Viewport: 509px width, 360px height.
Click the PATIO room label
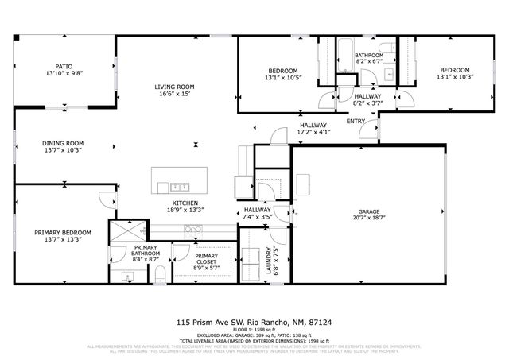(63, 67)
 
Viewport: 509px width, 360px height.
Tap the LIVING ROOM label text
(174, 87)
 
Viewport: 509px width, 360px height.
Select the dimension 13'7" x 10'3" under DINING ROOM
(63, 149)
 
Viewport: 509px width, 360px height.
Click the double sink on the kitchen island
(179, 187)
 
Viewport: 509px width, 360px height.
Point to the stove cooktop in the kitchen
(193, 229)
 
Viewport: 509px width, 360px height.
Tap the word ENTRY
(356, 121)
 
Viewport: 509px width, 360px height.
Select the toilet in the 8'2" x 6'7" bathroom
(386, 48)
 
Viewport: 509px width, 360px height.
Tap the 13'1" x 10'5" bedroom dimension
(281, 77)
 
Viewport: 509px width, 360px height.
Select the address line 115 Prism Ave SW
(254, 323)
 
